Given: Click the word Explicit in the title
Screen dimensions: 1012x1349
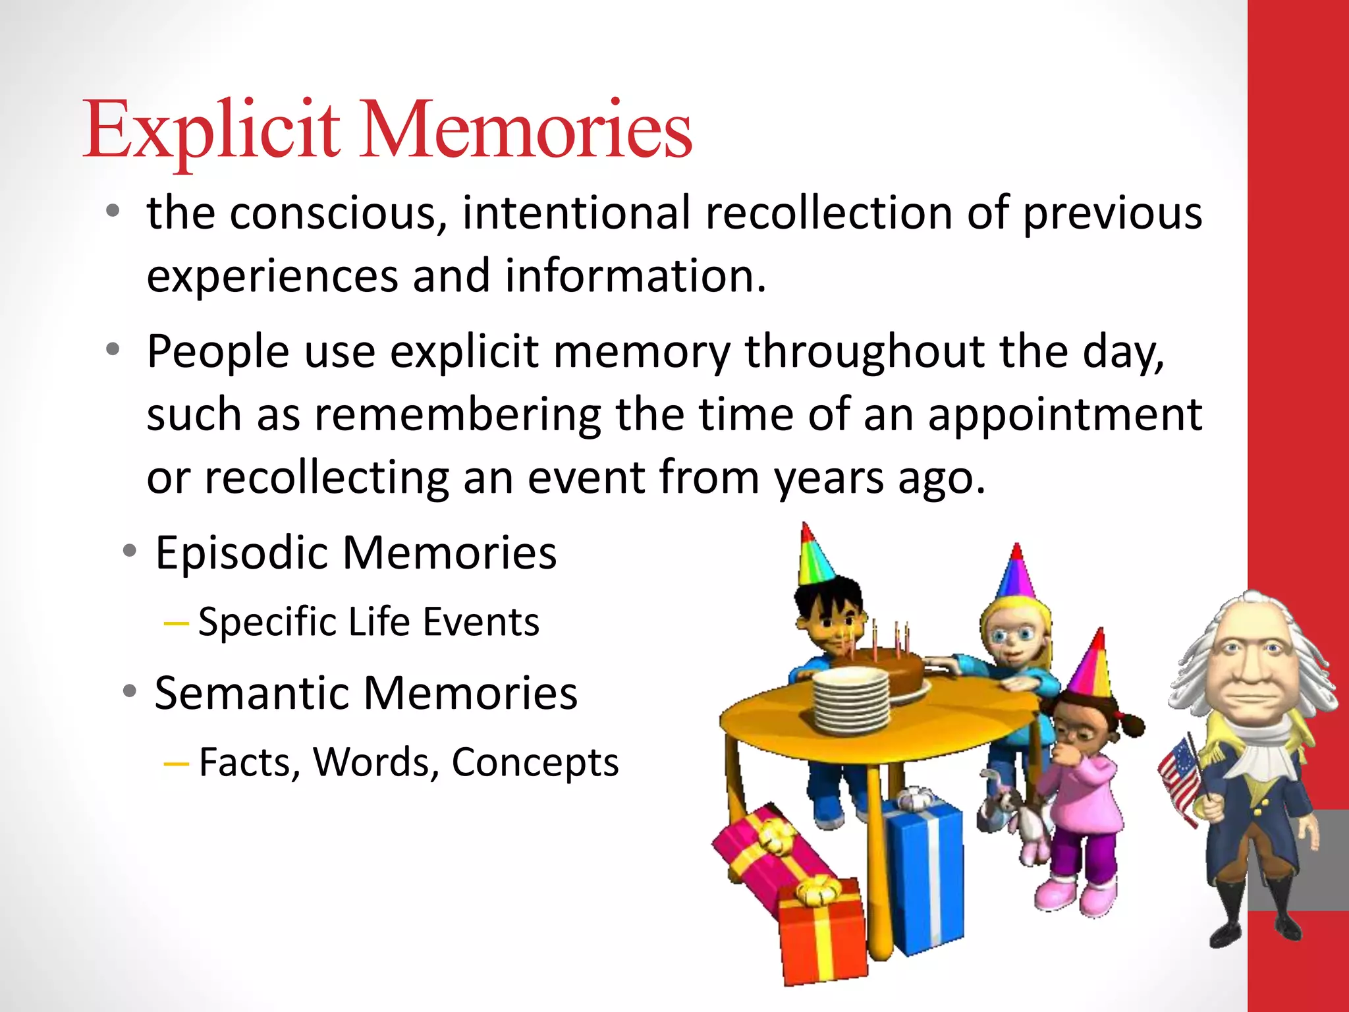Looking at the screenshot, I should click(x=211, y=129).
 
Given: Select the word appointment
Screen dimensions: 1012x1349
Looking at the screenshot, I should click(x=1064, y=415).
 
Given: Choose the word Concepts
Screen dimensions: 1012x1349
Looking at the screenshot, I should click(x=534, y=762).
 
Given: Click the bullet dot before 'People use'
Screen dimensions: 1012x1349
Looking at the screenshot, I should click(x=113, y=350).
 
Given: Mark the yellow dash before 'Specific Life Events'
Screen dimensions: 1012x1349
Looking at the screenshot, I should click(x=176, y=623).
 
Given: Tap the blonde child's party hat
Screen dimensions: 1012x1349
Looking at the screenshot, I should click(x=1016, y=573).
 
